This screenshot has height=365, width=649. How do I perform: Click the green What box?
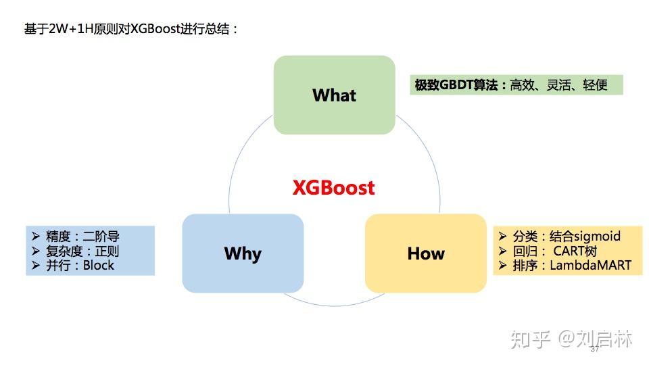pyautogui.click(x=334, y=95)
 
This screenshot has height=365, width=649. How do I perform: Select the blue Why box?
pyautogui.click(x=243, y=253)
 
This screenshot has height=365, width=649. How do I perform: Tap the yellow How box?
pyautogui.click(x=426, y=253)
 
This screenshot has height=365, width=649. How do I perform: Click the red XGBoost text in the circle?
pyautogui.click(x=333, y=187)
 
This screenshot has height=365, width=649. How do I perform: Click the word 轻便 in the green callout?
pyautogui.click(x=595, y=85)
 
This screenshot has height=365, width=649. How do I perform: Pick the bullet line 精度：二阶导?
pyautogui.click(x=82, y=237)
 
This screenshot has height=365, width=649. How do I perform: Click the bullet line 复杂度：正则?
pyautogui.click(x=82, y=251)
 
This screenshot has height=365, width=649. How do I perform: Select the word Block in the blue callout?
pyautogui.click(x=99, y=265)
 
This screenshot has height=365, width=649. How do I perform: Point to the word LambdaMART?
pyautogui.click(x=590, y=265)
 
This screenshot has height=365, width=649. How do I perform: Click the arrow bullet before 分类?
pyautogui.click(x=502, y=236)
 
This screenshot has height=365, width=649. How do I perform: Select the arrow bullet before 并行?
pyautogui.click(x=35, y=265)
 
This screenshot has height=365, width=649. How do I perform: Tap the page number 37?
pyautogui.click(x=595, y=349)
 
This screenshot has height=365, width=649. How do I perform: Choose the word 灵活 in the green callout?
pyautogui.click(x=558, y=85)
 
